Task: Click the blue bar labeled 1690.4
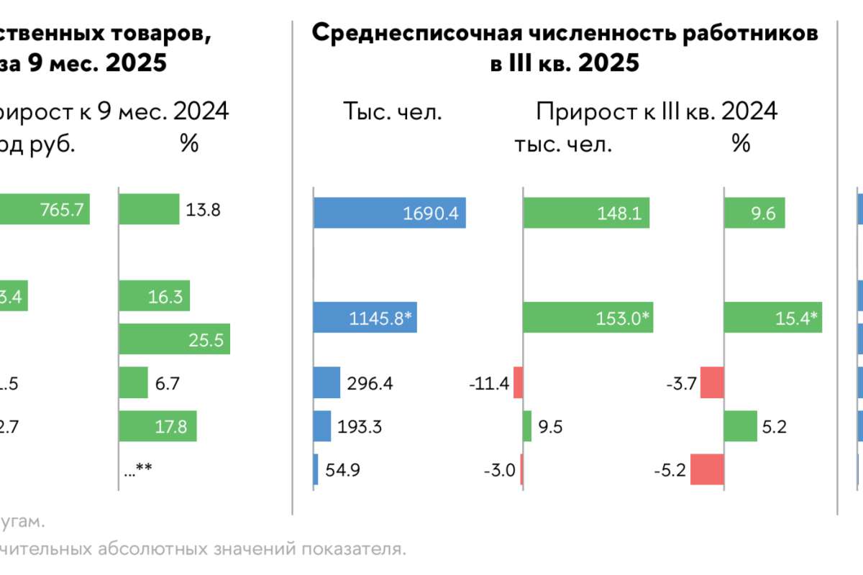click(389, 213)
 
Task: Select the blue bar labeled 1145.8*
click(365, 317)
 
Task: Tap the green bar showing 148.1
click(586, 213)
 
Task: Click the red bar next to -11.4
click(518, 383)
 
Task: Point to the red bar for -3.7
click(712, 383)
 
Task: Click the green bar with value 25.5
click(174, 339)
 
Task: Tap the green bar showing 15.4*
click(772, 317)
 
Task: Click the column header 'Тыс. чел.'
click(391, 112)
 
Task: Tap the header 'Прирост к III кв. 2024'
click(657, 112)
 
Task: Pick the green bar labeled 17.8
click(157, 426)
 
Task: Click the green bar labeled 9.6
click(754, 213)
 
